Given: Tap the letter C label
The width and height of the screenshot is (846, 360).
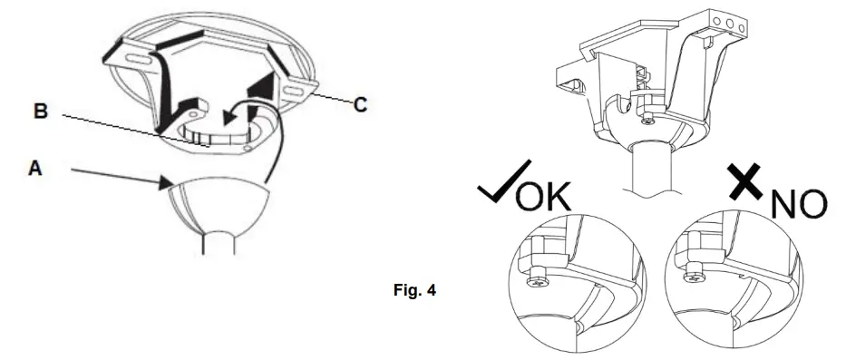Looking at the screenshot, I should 360,105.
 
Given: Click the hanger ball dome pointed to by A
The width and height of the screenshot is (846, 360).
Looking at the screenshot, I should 219,202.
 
